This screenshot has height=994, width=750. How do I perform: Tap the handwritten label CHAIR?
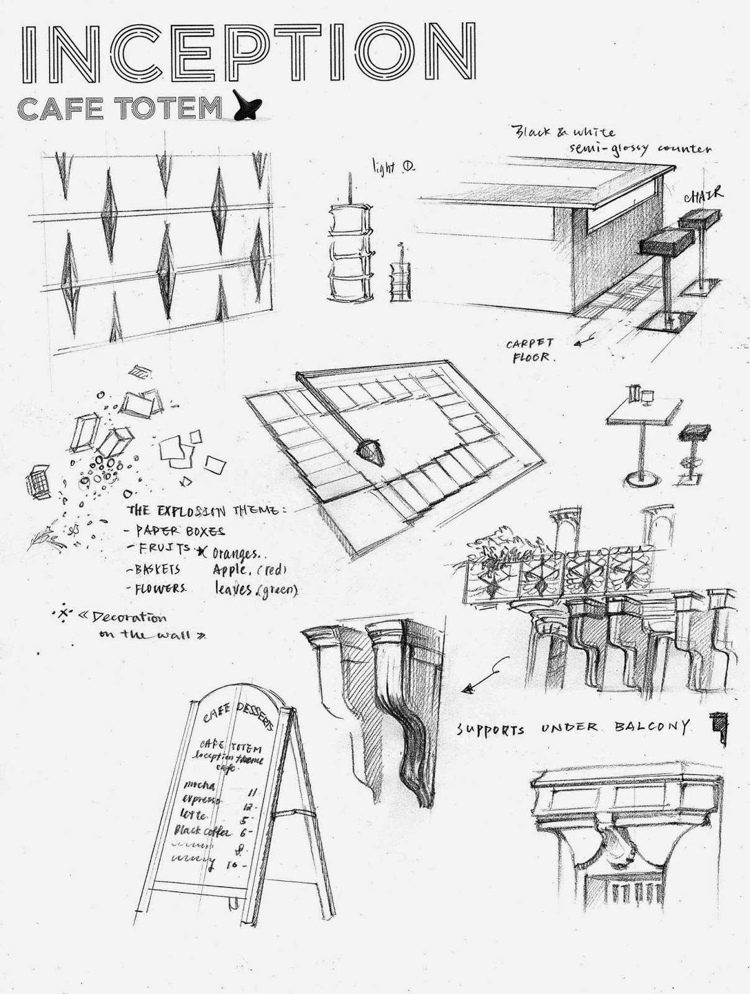(x=705, y=196)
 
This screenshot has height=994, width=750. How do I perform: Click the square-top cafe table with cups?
(x=640, y=435)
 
